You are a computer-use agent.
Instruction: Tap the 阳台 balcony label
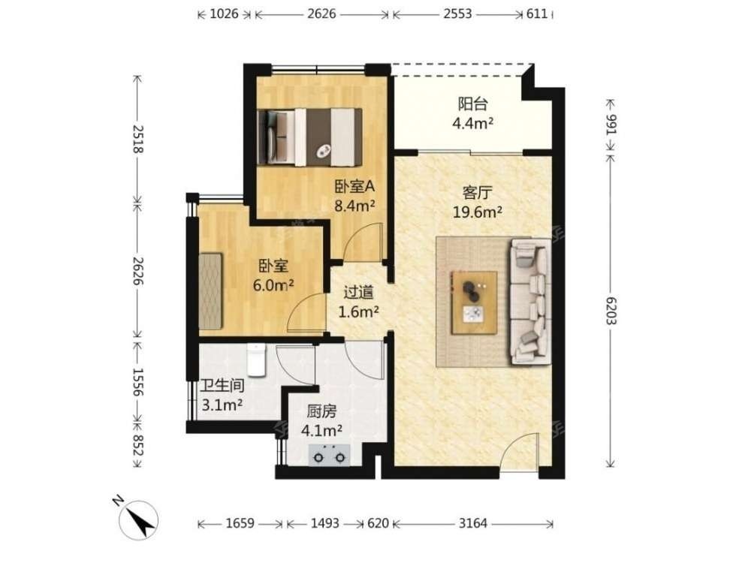tap(472, 104)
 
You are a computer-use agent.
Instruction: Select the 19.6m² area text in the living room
tap(478, 212)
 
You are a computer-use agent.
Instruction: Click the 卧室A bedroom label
tap(354, 187)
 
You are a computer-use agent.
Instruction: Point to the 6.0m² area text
tap(273, 285)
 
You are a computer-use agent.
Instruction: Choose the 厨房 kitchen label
tap(322, 411)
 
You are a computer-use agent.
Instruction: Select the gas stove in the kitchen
tap(329, 456)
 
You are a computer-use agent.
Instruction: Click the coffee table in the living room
tap(474, 302)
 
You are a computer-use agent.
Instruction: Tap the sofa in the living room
tap(531, 301)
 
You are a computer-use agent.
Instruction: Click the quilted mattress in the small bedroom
tap(211, 291)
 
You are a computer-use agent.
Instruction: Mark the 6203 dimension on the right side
tap(611, 311)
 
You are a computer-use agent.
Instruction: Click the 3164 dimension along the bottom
tap(472, 523)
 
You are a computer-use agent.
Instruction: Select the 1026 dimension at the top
tap(224, 14)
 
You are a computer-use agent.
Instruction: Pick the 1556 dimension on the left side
tap(138, 382)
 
